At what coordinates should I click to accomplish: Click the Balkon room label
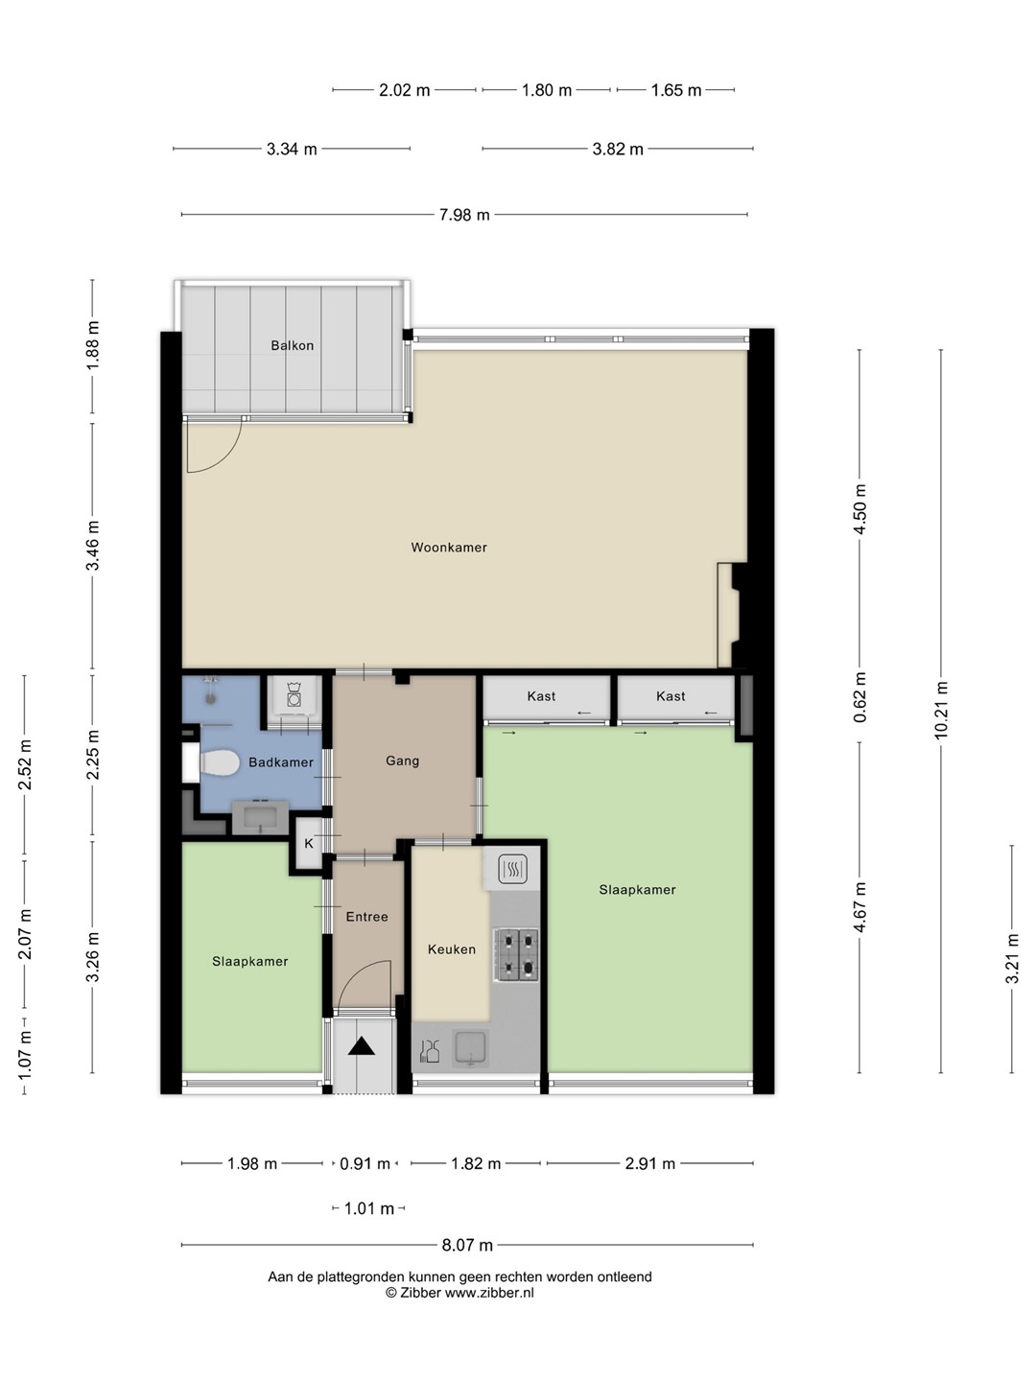coord(292,345)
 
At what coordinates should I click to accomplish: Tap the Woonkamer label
coord(449,548)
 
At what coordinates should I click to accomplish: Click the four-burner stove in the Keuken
coord(516,955)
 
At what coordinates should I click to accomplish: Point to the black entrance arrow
coord(362,1046)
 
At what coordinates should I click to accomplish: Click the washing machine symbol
coord(294,694)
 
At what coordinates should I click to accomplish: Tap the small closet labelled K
coord(309,844)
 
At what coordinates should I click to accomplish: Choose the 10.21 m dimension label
coord(940,711)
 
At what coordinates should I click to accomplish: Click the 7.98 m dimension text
coord(464,215)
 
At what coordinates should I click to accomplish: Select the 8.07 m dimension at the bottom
coord(467,1245)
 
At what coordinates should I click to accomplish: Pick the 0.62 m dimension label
coord(859,696)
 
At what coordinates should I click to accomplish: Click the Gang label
coord(403,761)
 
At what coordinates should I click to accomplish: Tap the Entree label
coord(366,917)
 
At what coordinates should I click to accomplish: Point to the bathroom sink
coord(260,818)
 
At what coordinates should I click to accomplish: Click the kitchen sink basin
coord(470,1048)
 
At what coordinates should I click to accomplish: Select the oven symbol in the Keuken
coord(512,870)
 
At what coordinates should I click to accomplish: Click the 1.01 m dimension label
coord(369,1208)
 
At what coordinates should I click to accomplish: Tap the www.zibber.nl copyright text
coord(459,1293)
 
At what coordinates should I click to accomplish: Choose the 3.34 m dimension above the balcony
coord(292,149)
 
